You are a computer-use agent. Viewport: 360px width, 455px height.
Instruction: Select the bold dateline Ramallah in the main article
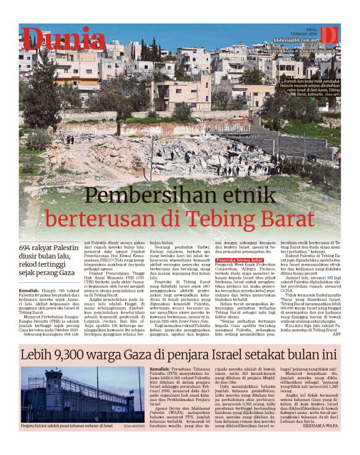(x=30, y=290)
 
